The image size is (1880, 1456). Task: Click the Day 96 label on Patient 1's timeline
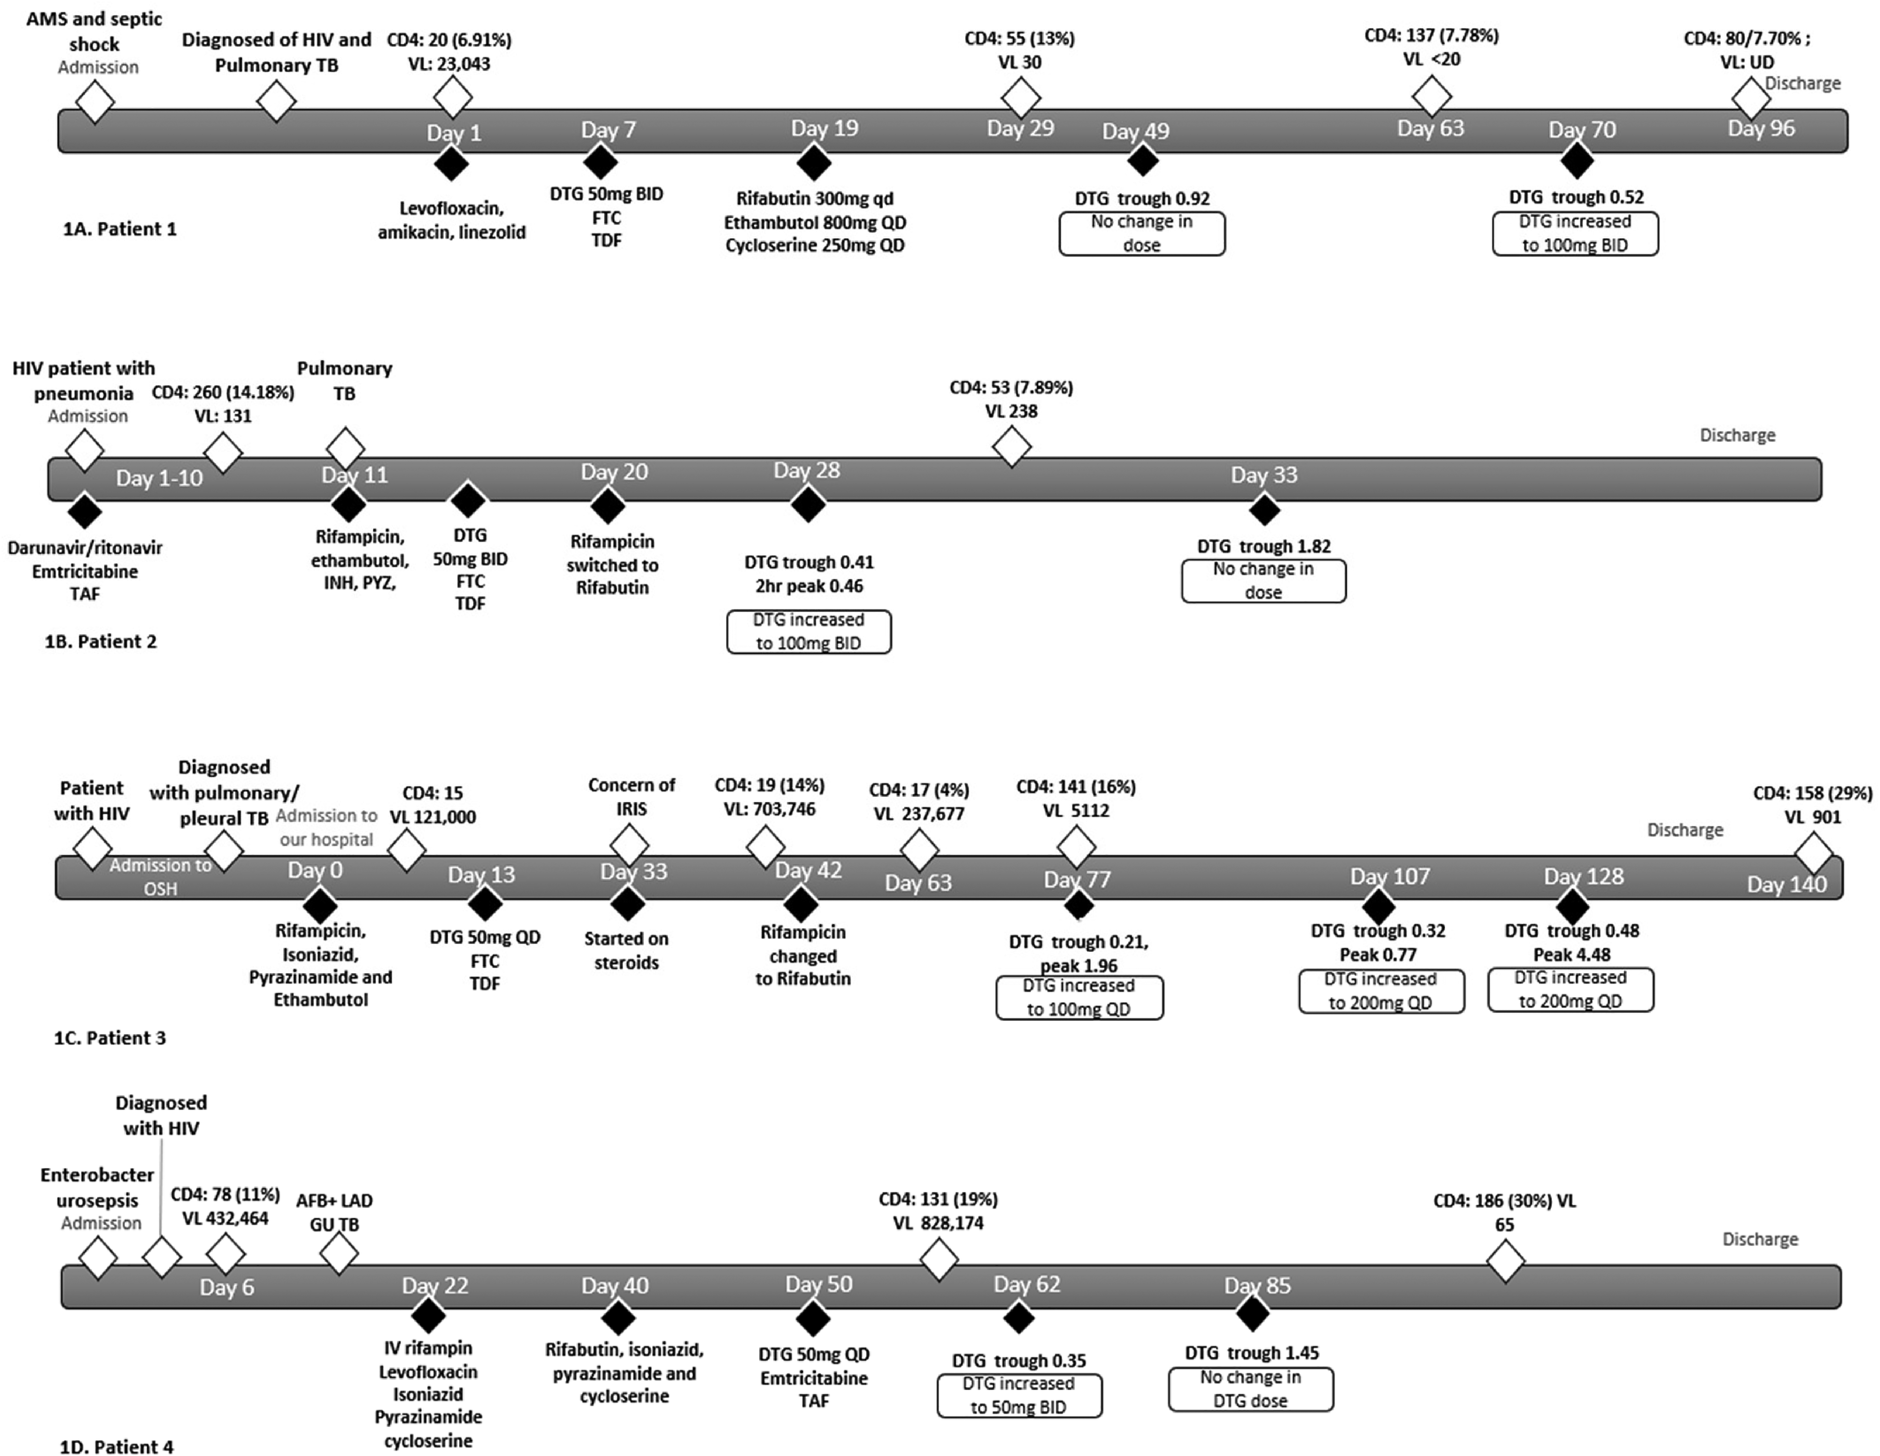[x=1761, y=128]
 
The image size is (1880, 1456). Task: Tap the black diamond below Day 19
[x=814, y=161]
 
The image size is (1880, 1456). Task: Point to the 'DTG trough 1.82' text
[x=1263, y=546]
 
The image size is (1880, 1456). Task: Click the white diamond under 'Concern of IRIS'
[x=629, y=845]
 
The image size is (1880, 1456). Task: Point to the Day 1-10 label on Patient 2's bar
[x=159, y=478]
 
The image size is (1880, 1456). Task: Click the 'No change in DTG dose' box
[x=1251, y=1389]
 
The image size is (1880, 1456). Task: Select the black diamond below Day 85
[x=1252, y=1313]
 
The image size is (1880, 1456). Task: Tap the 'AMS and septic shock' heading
[x=94, y=31]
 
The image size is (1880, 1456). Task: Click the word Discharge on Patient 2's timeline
[x=1737, y=435]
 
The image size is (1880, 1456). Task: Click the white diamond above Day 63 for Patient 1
[x=1432, y=95]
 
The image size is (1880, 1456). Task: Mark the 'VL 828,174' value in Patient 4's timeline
[x=938, y=1223]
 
